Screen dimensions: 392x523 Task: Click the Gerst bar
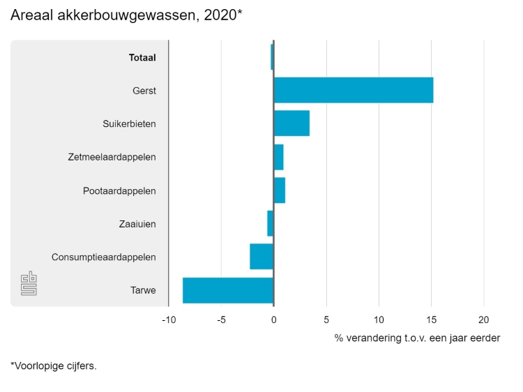tap(353, 90)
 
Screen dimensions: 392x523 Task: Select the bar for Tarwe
tap(228, 290)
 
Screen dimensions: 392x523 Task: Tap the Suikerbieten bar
tap(291, 123)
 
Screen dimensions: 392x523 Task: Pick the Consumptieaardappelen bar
tap(261, 257)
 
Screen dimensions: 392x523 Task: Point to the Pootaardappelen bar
tap(279, 190)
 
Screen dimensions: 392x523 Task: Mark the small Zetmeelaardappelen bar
tap(278, 157)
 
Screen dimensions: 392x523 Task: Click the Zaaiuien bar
tap(271, 223)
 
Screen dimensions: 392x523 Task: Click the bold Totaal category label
tap(142, 58)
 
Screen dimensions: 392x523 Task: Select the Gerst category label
tap(144, 91)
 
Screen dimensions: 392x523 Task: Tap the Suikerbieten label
tap(129, 124)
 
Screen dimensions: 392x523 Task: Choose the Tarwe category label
tap(143, 291)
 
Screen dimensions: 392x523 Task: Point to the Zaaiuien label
tap(137, 224)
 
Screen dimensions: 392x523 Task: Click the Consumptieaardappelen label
tap(103, 257)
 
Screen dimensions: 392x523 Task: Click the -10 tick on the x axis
tap(168, 319)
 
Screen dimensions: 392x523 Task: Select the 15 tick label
tap(431, 319)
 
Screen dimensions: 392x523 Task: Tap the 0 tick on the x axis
tap(273, 319)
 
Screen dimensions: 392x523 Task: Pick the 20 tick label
tap(483, 319)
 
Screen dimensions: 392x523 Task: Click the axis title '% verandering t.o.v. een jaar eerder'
tap(417, 338)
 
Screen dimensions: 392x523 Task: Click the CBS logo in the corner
tap(29, 284)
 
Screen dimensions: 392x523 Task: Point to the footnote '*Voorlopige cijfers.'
tap(54, 365)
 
